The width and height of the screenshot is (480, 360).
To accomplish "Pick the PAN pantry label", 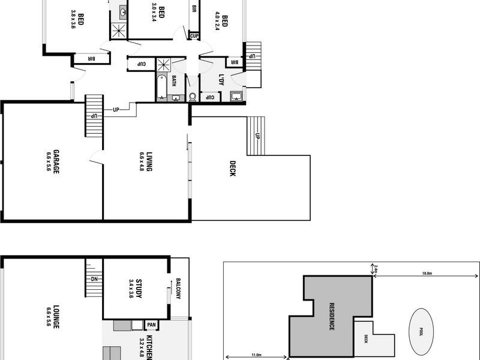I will (x=152, y=325).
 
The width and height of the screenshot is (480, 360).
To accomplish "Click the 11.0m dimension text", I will (x=257, y=355).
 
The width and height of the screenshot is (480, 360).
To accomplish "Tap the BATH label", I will (x=174, y=80).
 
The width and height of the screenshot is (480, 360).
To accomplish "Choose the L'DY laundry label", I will (x=221, y=79).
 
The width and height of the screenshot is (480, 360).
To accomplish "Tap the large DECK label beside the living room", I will (x=232, y=169).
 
